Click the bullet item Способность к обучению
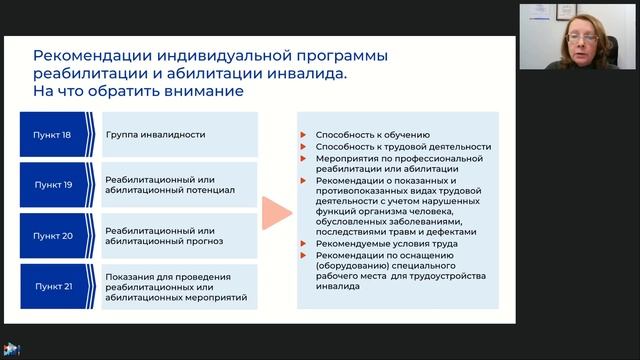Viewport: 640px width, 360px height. (372, 134)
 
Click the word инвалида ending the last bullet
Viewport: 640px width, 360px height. (334, 292)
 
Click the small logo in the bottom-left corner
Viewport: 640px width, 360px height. (12, 350)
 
